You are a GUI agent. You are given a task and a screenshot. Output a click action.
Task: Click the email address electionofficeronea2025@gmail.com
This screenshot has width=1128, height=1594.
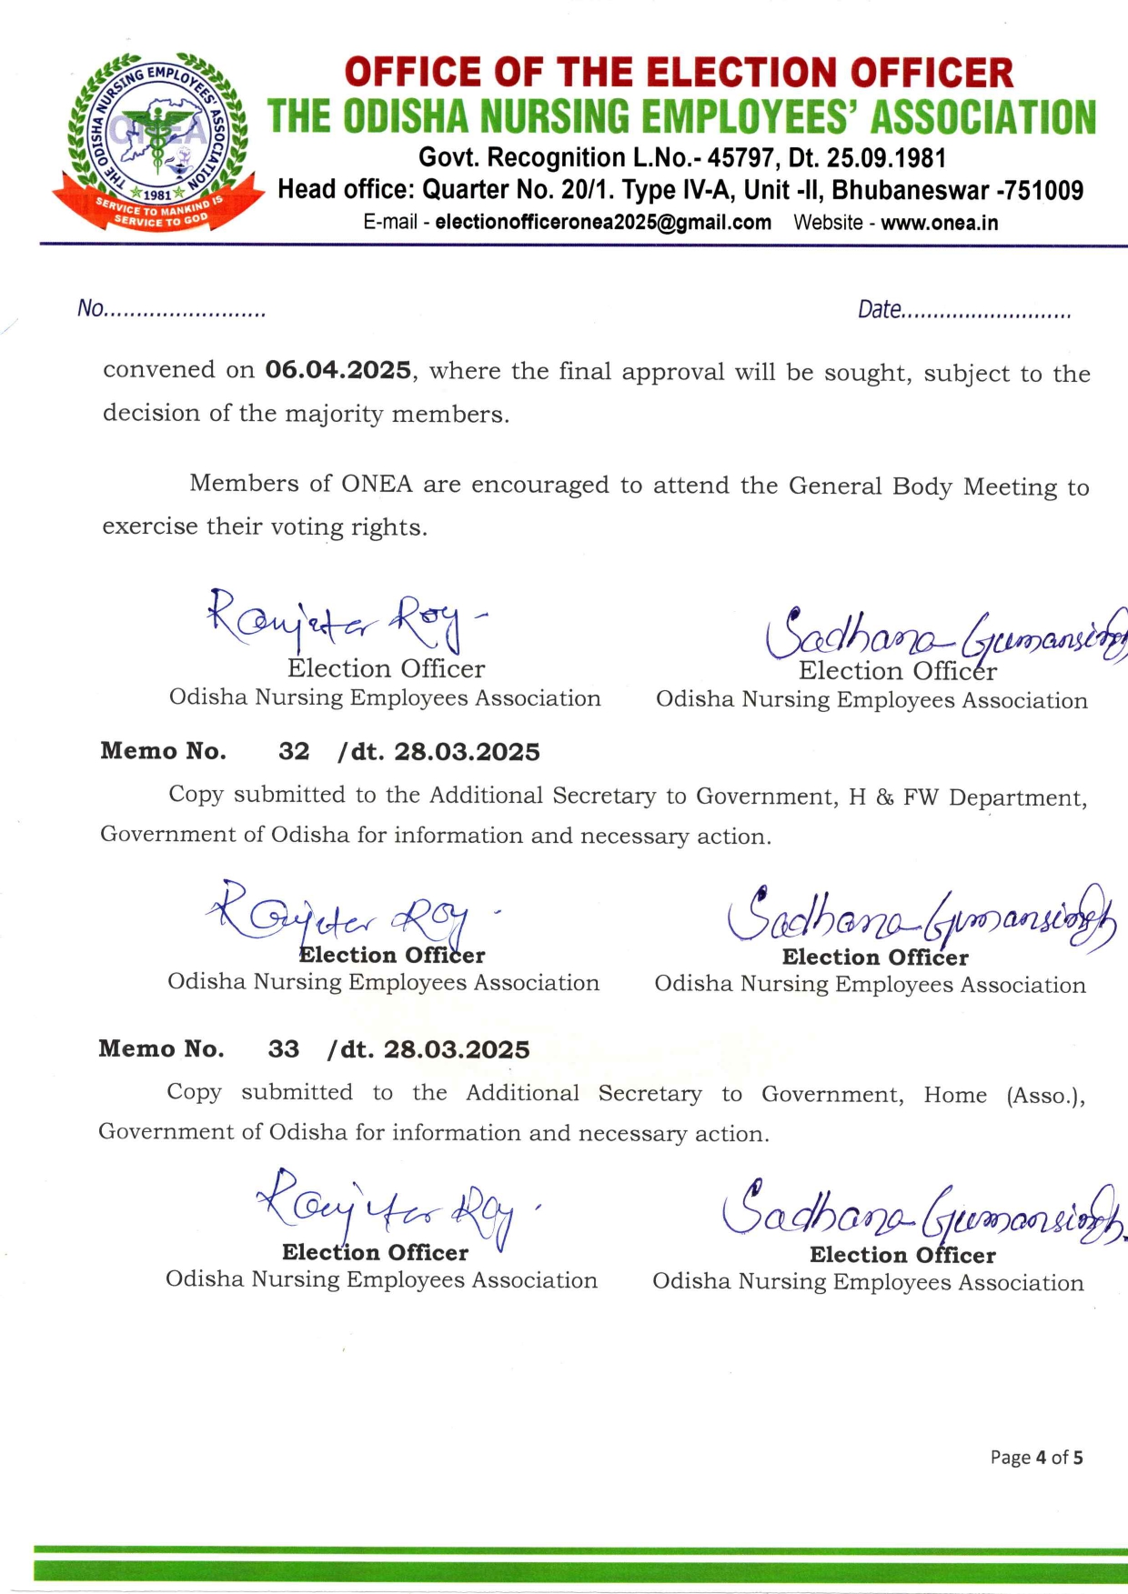pos(603,223)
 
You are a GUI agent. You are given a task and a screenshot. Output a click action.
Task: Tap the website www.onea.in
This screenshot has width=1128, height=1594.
pos(939,223)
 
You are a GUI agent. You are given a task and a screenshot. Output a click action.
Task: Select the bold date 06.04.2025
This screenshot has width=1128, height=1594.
pos(337,370)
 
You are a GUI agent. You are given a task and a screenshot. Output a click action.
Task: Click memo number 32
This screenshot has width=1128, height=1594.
pos(294,751)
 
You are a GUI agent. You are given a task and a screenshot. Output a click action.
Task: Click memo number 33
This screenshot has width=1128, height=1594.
pos(283,1048)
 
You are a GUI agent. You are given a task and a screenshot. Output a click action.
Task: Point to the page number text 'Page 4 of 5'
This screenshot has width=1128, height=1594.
pos(1036,1458)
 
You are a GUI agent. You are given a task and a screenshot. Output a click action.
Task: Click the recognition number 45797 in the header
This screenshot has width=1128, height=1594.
pos(741,158)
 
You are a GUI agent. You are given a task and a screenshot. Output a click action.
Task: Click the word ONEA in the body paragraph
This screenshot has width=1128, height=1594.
pos(377,484)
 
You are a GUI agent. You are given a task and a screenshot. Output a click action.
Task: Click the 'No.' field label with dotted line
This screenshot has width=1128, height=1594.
pos(171,309)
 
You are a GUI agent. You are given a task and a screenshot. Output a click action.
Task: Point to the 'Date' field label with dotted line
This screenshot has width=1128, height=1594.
pos(964,310)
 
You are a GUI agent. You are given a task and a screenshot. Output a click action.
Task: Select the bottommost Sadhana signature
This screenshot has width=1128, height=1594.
pos(919,1209)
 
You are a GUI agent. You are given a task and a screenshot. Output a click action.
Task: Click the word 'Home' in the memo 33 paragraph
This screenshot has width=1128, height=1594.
pos(955,1095)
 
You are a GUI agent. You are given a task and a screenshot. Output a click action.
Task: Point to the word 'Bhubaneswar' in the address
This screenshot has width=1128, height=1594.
pos(910,190)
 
